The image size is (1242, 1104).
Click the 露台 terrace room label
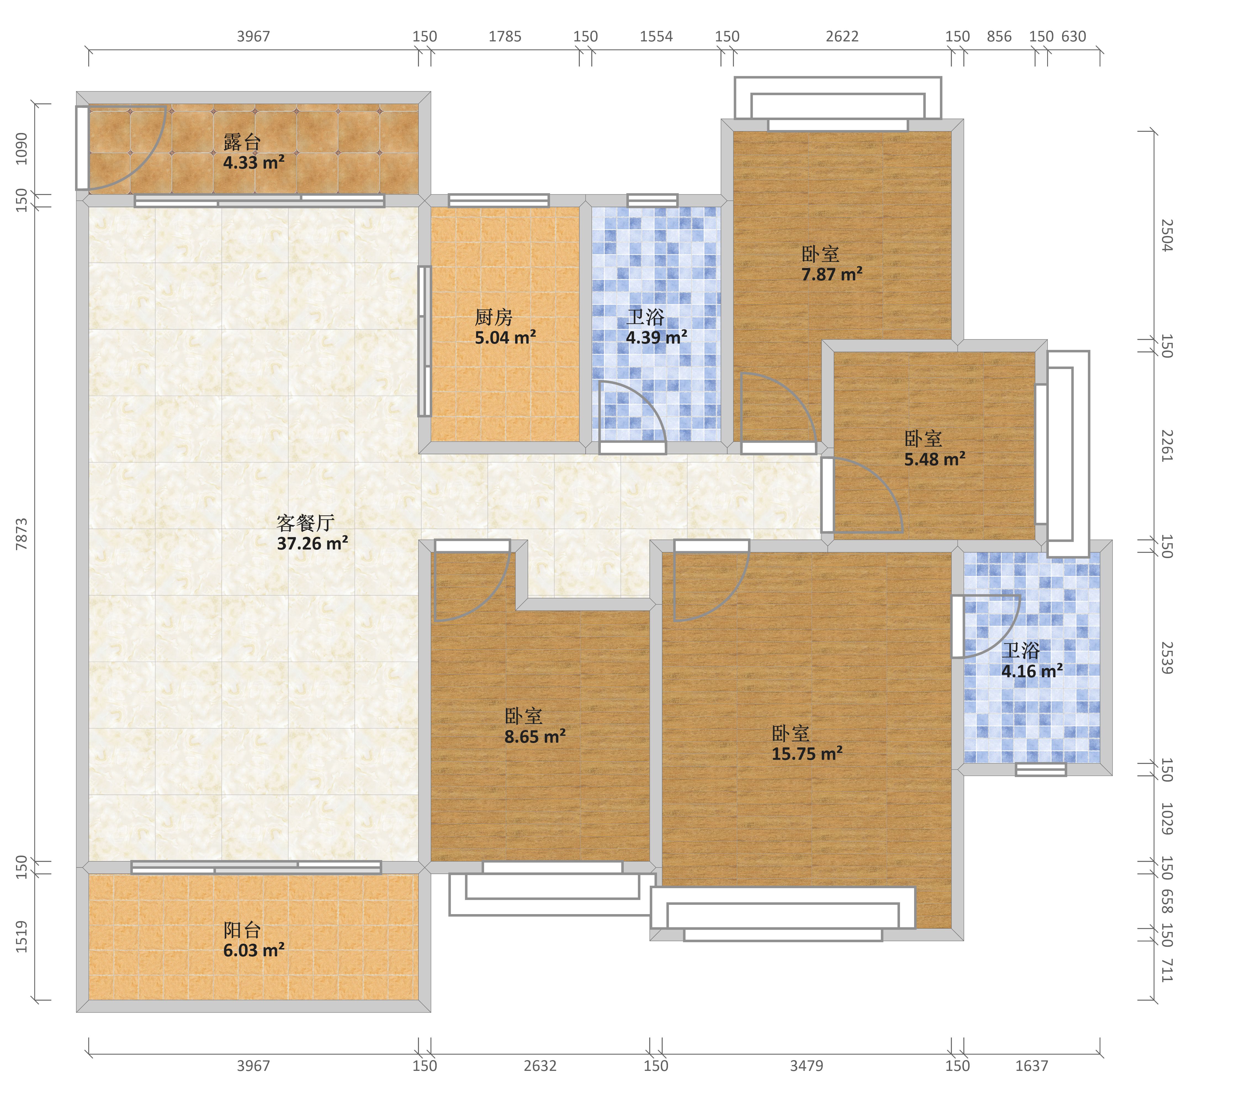pos(242,142)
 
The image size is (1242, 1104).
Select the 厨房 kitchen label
pos(493,317)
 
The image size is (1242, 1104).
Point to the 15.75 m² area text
pos(807,753)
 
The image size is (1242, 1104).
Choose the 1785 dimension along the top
pos(505,36)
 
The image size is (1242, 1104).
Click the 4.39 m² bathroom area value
pos(656,337)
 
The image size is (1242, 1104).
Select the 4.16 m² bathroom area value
pos(1032,672)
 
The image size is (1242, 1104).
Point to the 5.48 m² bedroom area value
pos(935,459)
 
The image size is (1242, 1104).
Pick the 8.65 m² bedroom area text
pos(535,736)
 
